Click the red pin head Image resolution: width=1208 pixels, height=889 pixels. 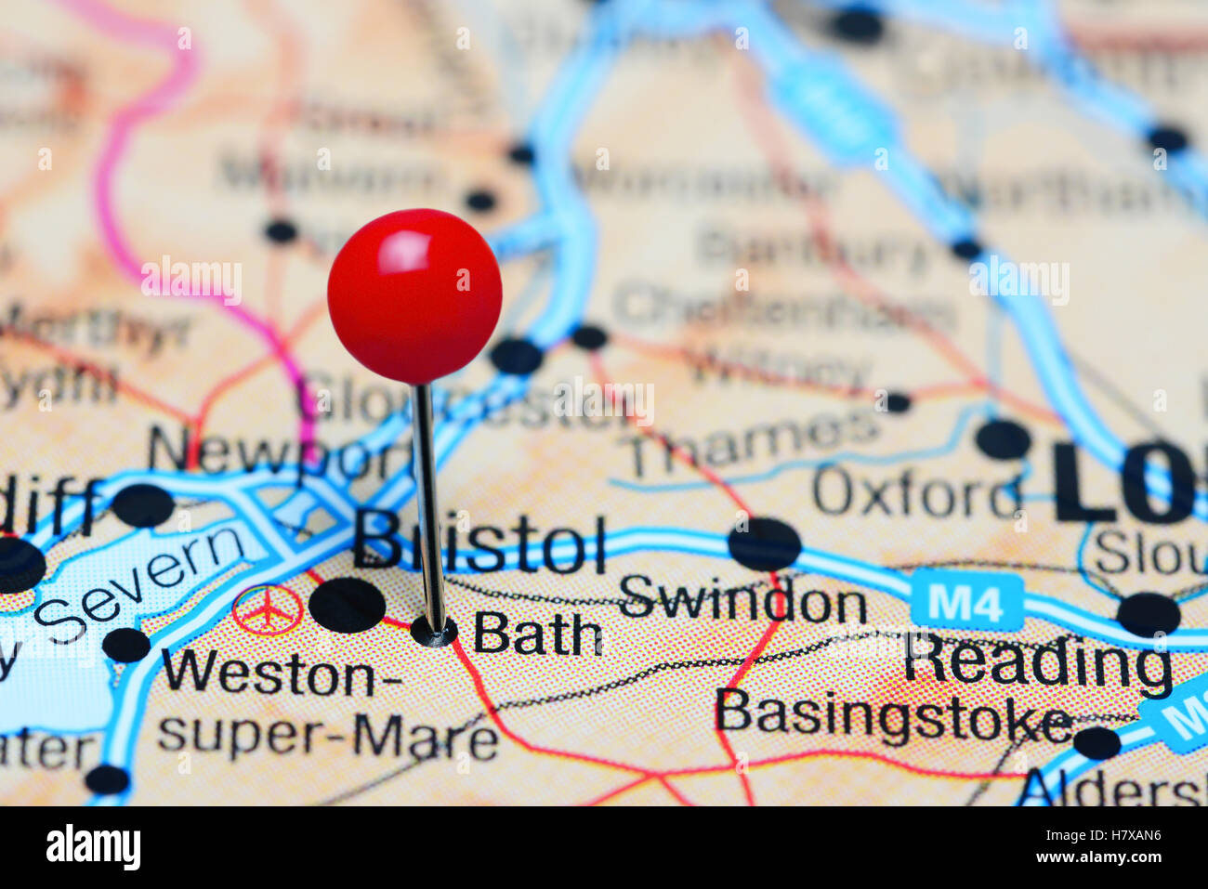414,295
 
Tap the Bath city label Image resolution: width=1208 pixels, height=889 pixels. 538,634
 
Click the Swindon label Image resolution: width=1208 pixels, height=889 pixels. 742,602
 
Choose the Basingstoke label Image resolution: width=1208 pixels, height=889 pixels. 893,716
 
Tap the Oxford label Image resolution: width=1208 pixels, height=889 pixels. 916,492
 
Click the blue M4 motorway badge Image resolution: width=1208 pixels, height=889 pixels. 966,601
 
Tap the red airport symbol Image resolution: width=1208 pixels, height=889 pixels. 268,610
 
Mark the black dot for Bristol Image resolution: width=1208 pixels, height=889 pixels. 347,605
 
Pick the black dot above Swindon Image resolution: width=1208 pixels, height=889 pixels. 764,543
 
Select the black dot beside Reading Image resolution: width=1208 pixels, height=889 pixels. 1149,614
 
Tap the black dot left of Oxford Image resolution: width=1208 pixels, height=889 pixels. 1004,438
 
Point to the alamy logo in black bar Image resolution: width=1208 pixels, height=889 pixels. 93,847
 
